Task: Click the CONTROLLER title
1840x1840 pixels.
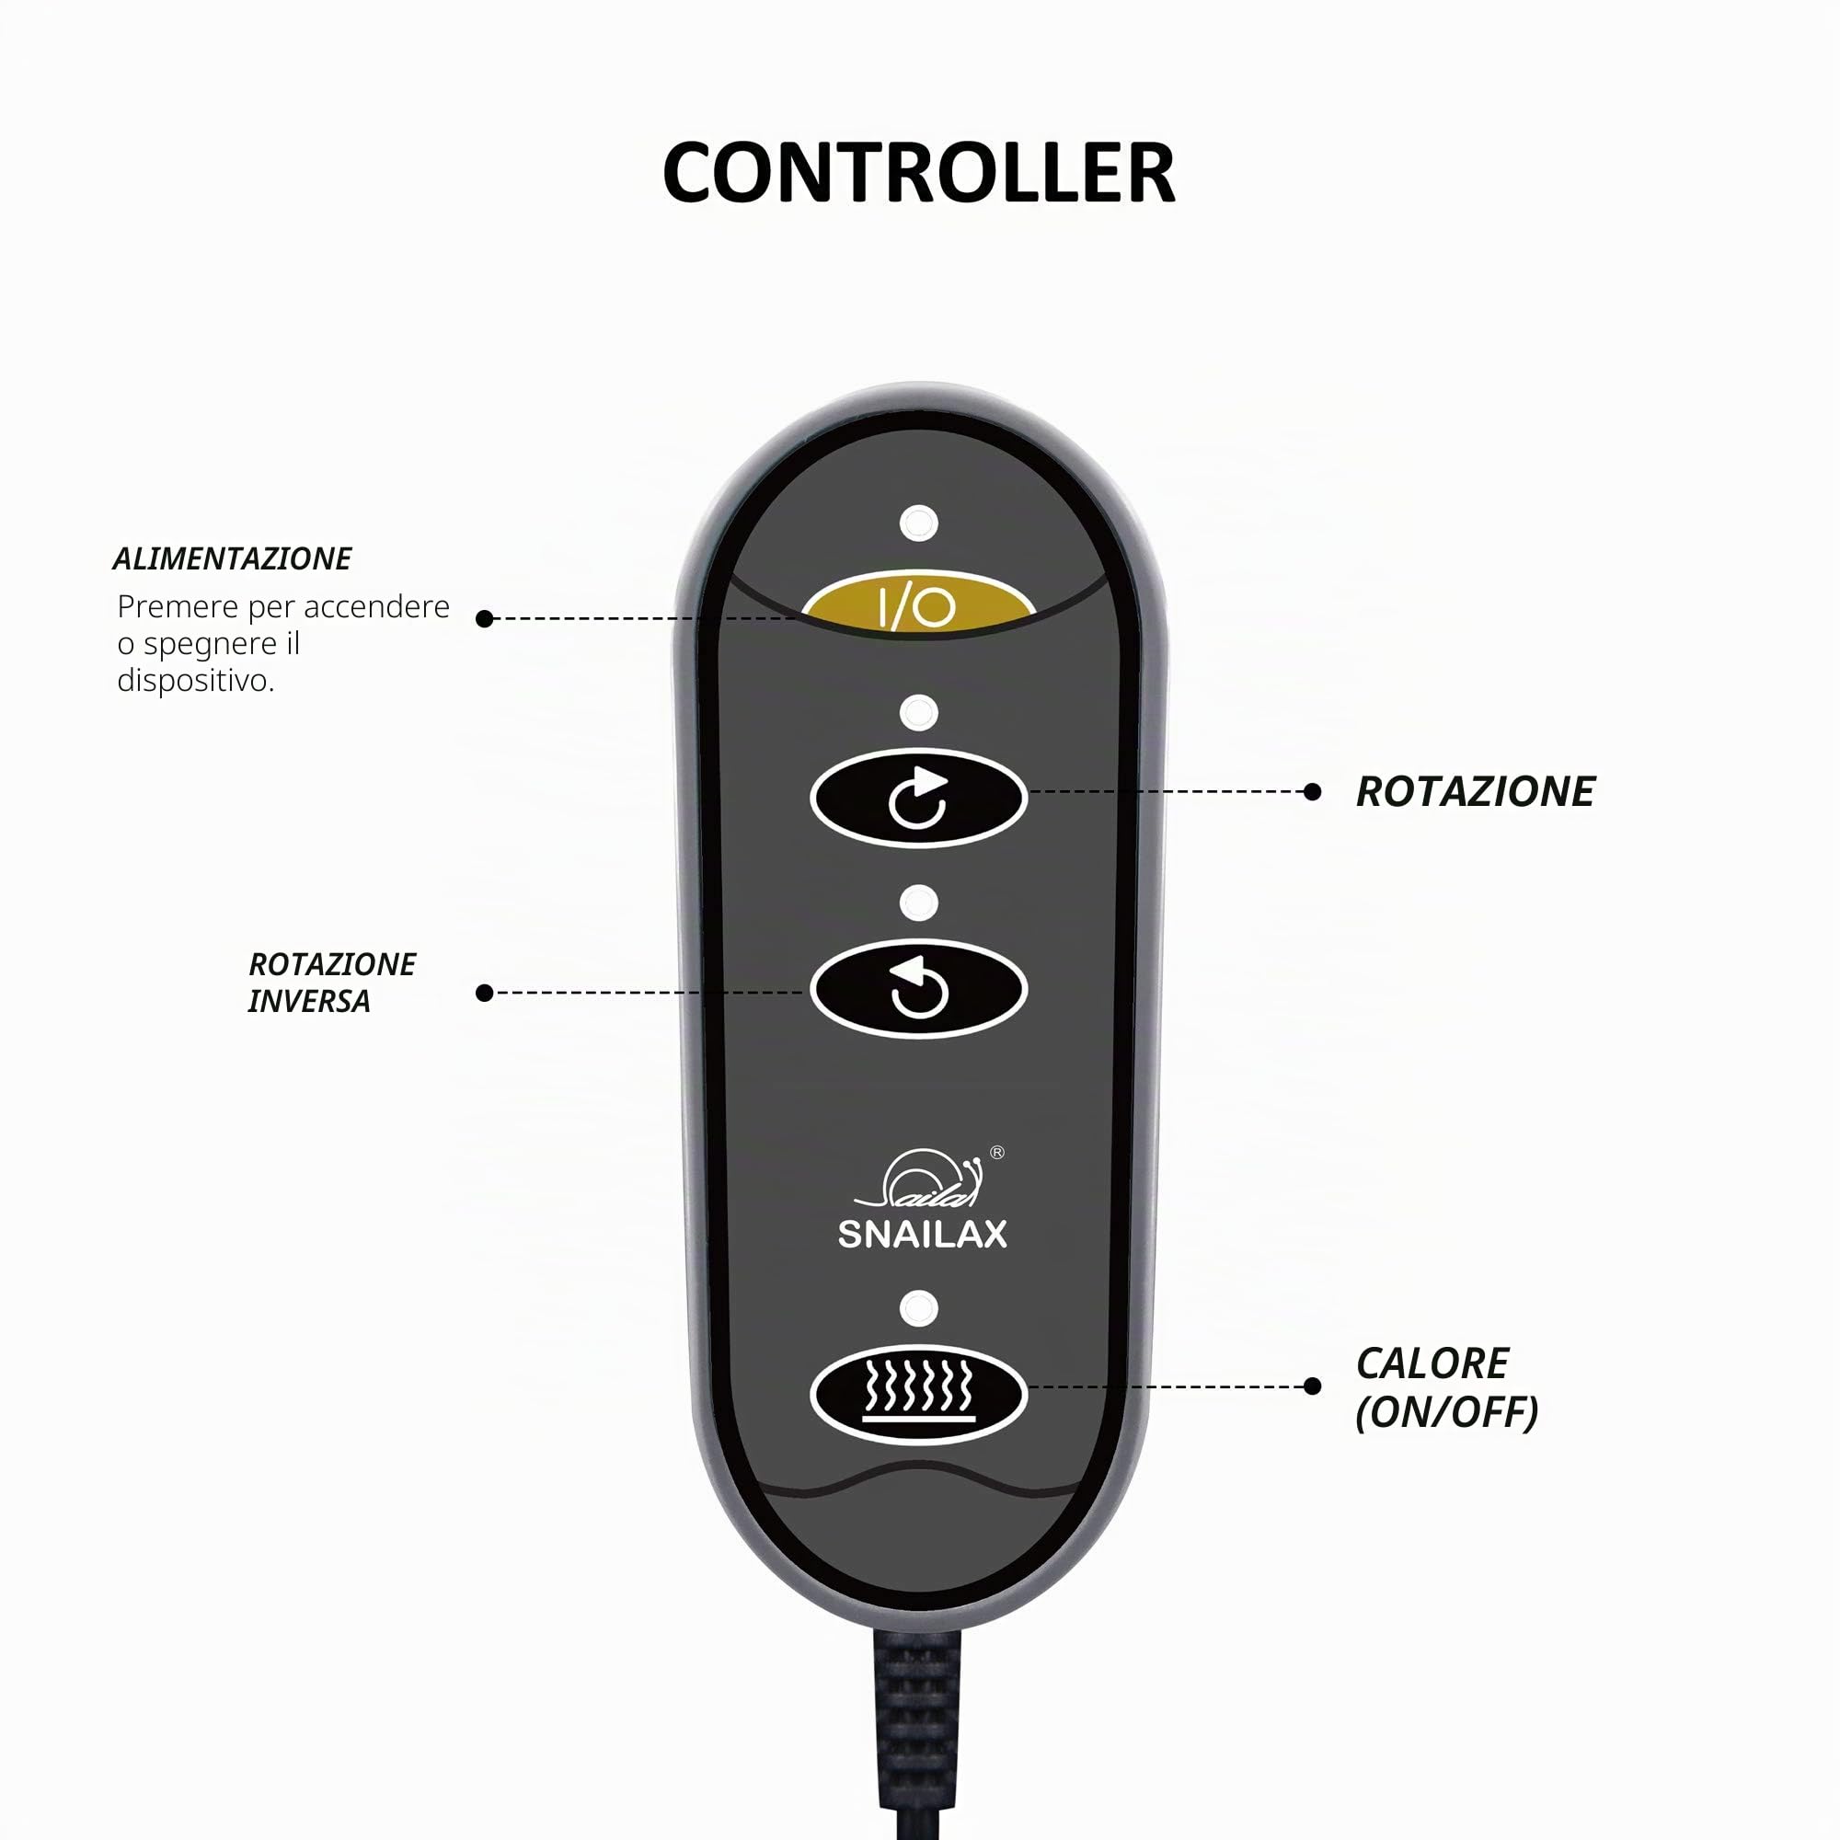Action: point(919,172)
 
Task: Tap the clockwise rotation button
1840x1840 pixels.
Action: point(918,798)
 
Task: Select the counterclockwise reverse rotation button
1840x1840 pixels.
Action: point(918,989)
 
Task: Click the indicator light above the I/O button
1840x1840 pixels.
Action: point(918,523)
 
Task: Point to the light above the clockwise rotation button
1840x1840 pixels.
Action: point(918,712)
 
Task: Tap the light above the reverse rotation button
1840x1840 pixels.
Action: point(918,902)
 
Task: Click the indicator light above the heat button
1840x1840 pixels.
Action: point(918,1307)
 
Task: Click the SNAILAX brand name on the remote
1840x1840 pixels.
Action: point(922,1235)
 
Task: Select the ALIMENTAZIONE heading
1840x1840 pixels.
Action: point(233,559)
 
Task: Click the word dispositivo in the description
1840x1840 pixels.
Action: point(196,681)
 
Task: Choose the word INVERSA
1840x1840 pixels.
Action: point(308,1002)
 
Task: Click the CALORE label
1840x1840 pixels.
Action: point(1432,1363)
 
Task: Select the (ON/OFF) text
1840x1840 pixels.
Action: point(1446,1412)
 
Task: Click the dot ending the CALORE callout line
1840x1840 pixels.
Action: point(1313,1386)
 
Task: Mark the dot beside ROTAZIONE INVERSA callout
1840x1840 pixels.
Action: point(484,994)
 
